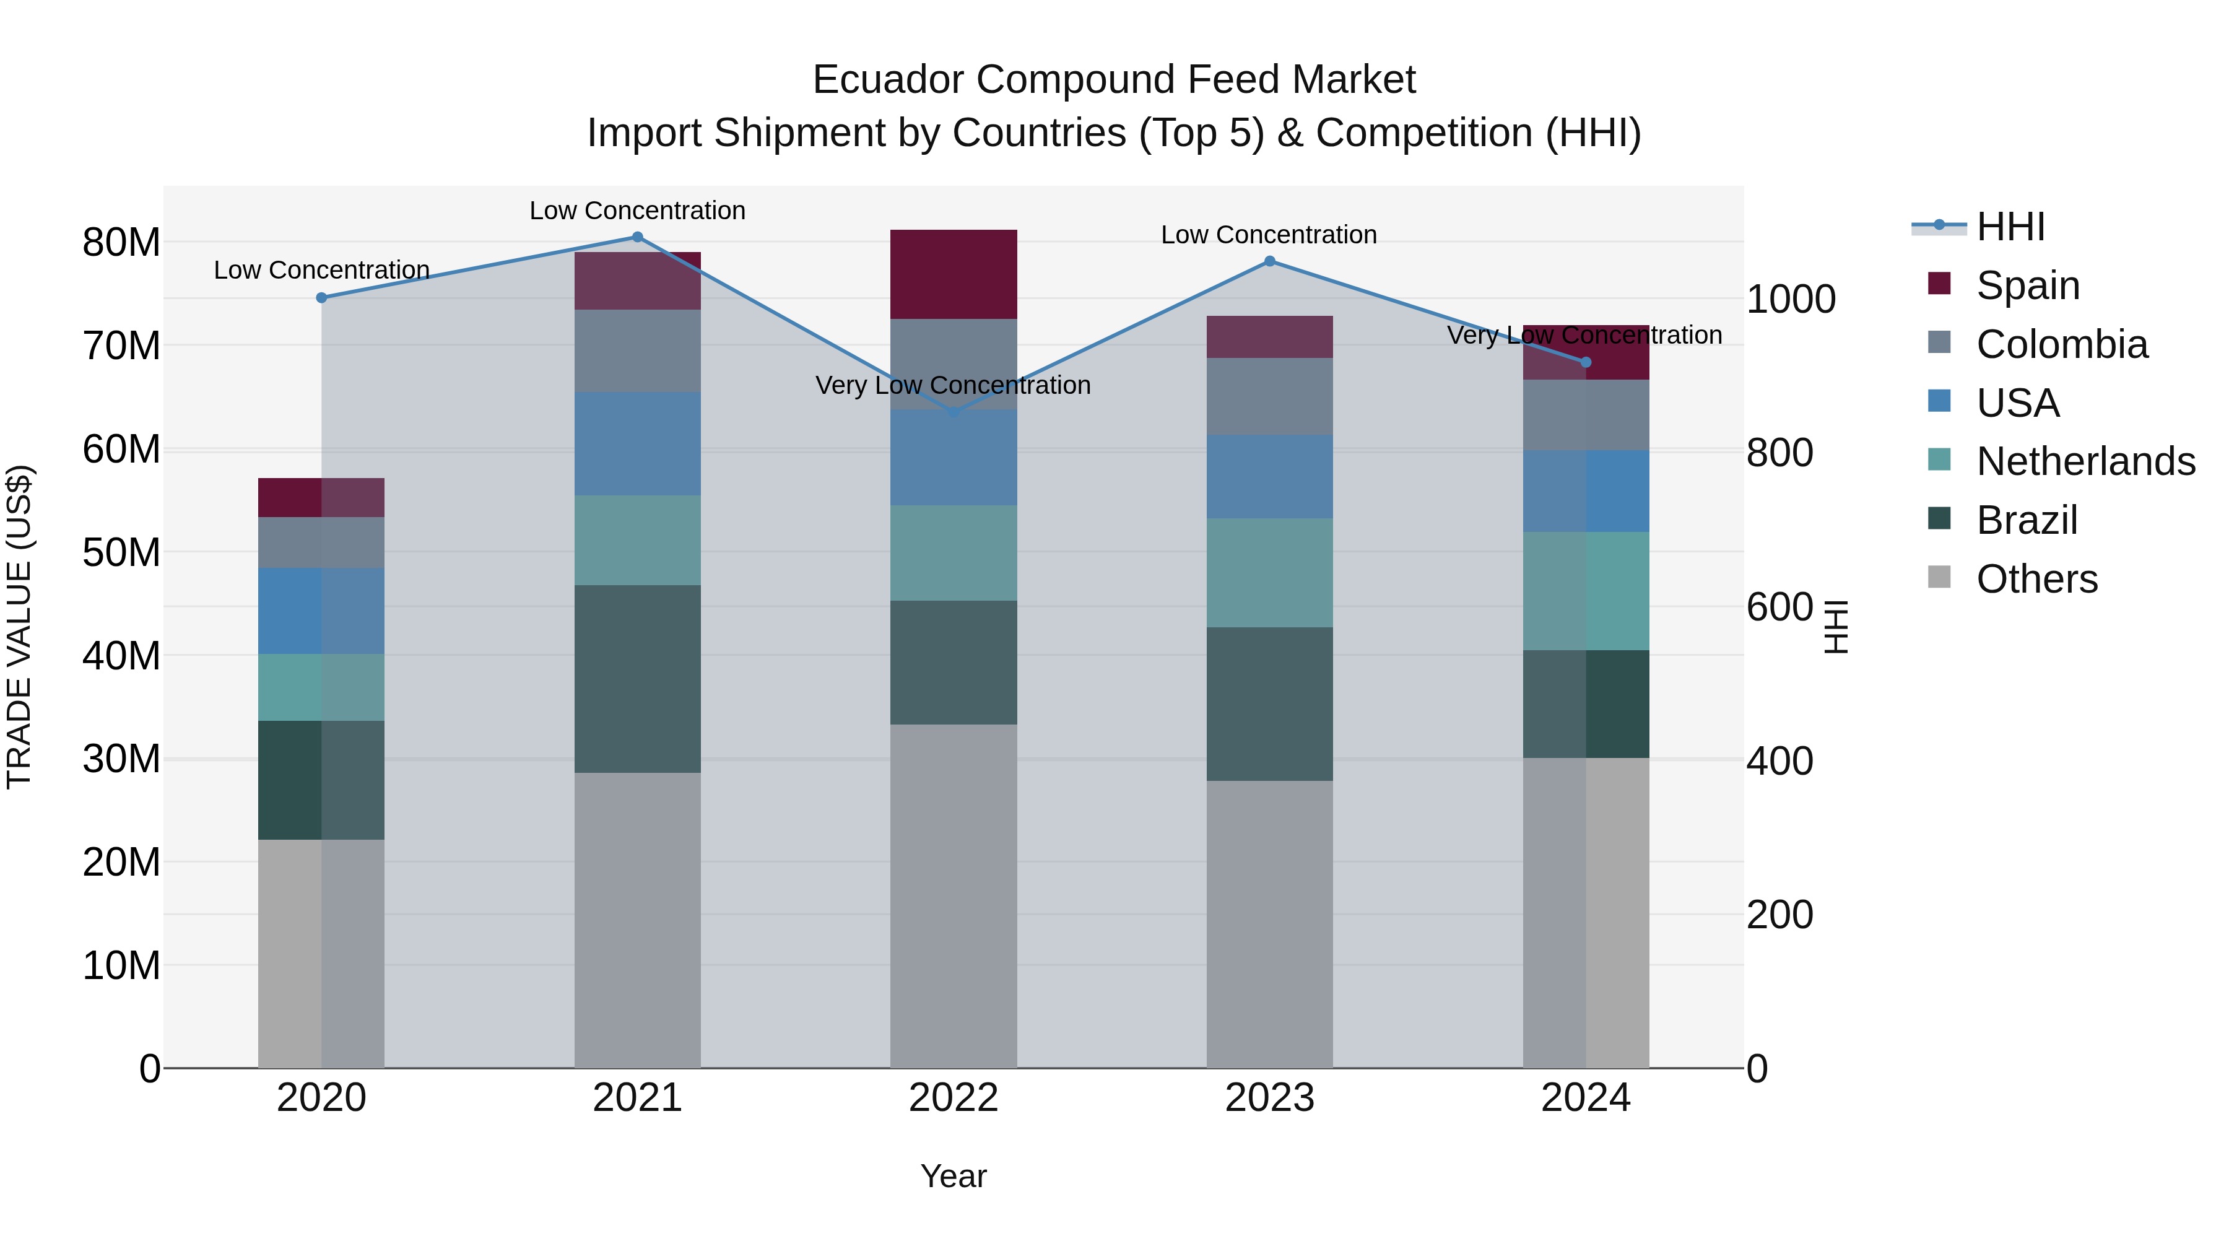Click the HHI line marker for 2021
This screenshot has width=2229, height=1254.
pyautogui.click(x=637, y=237)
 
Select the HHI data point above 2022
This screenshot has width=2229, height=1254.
pyautogui.click(x=954, y=413)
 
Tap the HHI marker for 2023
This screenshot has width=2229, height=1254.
pyautogui.click(x=1269, y=261)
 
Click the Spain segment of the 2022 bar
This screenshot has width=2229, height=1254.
pyautogui.click(x=954, y=274)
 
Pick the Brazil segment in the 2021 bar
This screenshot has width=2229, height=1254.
pyautogui.click(x=637, y=679)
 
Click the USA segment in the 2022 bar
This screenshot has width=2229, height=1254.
pyautogui.click(x=954, y=458)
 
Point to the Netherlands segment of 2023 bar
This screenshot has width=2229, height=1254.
pyautogui.click(x=1269, y=573)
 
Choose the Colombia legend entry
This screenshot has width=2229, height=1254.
pyautogui.click(x=2061, y=344)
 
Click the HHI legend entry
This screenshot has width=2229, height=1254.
pyautogui.click(x=2010, y=227)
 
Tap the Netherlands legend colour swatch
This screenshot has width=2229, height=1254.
pyautogui.click(x=1939, y=459)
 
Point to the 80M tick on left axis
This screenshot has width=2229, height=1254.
pyautogui.click(x=121, y=242)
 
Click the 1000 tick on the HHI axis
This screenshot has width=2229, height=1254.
pyautogui.click(x=1790, y=300)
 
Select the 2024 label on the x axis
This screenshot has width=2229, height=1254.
pyautogui.click(x=1585, y=1098)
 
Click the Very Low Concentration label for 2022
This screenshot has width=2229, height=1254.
pyautogui.click(x=953, y=385)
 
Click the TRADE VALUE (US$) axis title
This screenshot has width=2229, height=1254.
pyautogui.click(x=20, y=627)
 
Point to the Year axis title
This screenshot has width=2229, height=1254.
pyautogui.click(x=953, y=1176)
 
